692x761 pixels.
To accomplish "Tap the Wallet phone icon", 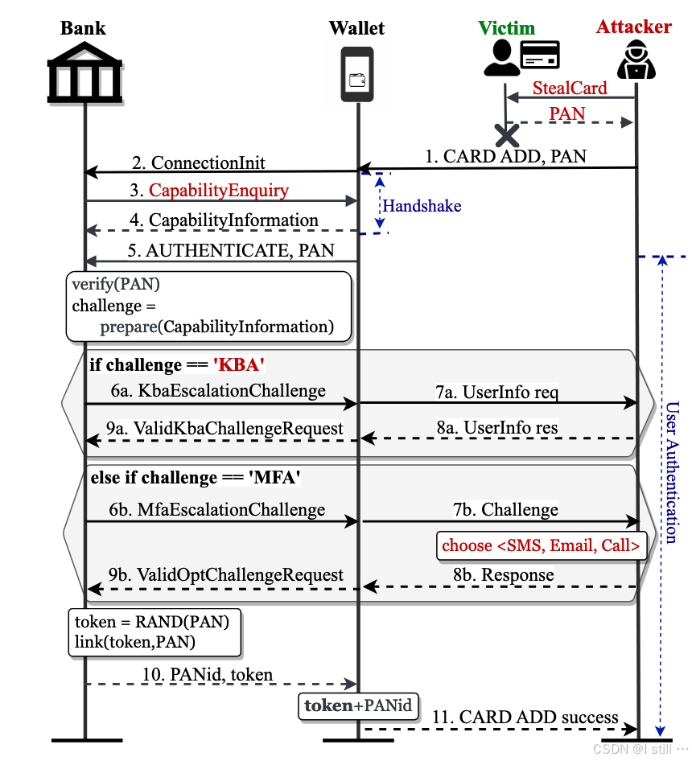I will (x=356, y=74).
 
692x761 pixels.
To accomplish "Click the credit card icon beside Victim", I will (x=540, y=56).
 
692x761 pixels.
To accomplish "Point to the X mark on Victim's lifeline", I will (x=506, y=134).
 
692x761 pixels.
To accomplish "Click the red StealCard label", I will (x=570, y=87).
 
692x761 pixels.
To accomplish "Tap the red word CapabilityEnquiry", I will (x=219, y=191).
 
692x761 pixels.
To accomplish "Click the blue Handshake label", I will (x=422, y=206).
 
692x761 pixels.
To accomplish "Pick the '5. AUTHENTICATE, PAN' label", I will (x=230, y=250).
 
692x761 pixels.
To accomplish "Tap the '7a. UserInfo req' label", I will (x=496, y=393).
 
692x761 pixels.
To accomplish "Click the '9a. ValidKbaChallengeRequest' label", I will (x=225, y=429).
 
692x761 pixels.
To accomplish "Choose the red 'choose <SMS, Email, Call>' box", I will (x=542, y=545).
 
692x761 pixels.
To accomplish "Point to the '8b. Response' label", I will (x=504, y=575).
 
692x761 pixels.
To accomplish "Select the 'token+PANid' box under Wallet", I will (x=358, y=706).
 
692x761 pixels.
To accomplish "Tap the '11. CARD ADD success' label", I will (x=525, y=718).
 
